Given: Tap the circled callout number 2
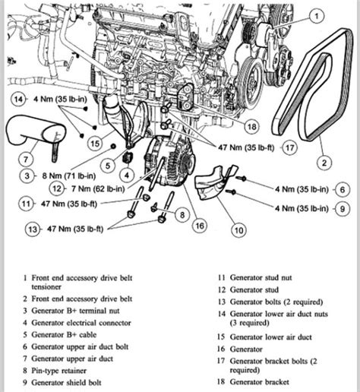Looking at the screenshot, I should [324, 161].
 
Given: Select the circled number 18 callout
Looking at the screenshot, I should [251, 126].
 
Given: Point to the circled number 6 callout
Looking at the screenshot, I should [343, 190].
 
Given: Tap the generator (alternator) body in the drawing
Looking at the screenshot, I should [169, 164].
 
